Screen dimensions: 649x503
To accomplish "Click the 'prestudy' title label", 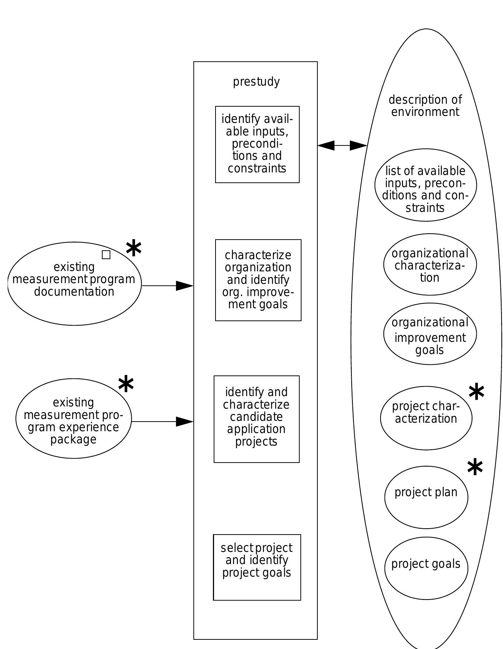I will [256, 82].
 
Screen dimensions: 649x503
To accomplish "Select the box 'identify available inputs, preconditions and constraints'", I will [257, 144].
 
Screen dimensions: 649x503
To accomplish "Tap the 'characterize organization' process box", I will [258, 280].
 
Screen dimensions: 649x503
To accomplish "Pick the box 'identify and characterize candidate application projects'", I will [256, 419].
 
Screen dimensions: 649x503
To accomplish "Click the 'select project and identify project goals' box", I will [257, 567].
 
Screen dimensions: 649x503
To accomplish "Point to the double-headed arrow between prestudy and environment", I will [342, 145].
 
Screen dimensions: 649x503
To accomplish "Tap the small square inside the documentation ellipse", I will [106, 255].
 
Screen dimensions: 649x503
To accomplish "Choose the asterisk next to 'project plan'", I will [475, 467].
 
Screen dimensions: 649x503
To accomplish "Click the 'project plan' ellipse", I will [426, 497].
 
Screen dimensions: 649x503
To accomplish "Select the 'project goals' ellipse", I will [426, 568].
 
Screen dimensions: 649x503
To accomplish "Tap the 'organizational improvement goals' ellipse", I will [430, 334].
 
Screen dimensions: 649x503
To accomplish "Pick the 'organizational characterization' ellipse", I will [430, 264].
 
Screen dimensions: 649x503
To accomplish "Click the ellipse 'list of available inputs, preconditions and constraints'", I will [426, 185].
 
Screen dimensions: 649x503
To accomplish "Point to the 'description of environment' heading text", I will [425, 106].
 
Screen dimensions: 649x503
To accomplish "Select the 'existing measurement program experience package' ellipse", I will [73, 418].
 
